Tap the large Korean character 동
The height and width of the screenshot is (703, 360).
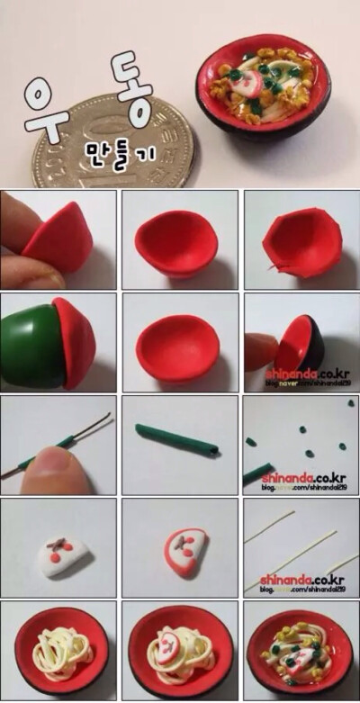pos(133,86)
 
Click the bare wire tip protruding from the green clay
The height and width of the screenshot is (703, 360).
pos(101,420)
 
